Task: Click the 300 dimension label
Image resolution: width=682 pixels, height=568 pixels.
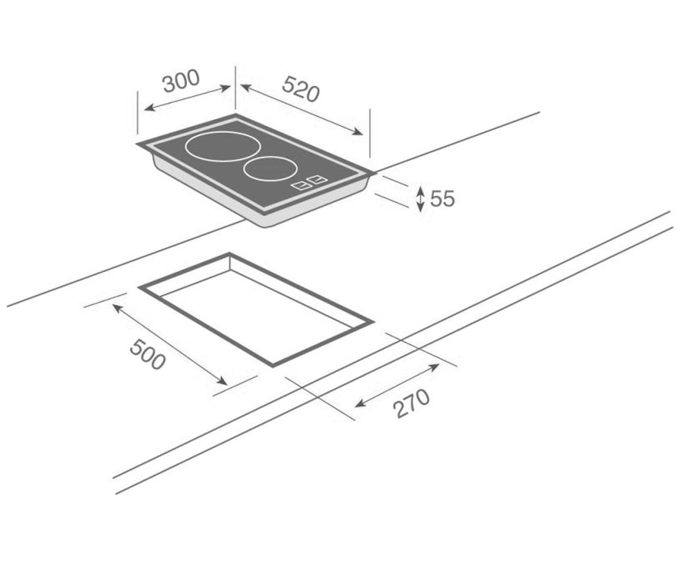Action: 181,81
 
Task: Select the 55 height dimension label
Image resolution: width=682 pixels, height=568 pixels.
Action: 442,198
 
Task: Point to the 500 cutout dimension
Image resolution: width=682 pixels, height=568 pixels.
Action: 147,354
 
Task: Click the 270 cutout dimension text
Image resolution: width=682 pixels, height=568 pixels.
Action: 411,403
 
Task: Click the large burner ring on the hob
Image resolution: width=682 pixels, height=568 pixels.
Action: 223,147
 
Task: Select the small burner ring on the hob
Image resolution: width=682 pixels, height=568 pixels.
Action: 271,169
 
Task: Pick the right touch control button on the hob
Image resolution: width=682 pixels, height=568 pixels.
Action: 318,179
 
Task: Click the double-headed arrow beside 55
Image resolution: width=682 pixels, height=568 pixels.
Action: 421,199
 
